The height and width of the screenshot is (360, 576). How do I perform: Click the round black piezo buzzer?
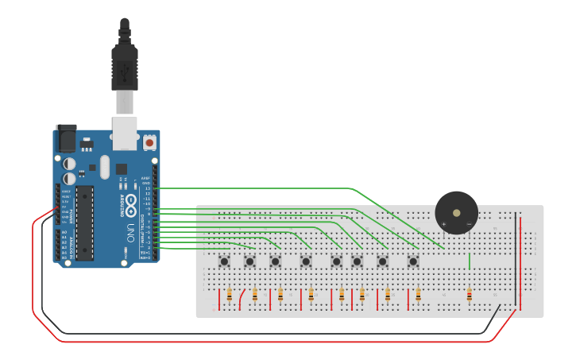(456, 212)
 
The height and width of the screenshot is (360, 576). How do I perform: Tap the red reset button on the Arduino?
(149, 143)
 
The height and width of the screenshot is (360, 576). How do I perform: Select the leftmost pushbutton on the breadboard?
(225, 261)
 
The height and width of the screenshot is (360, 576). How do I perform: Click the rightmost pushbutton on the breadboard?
(413, 261)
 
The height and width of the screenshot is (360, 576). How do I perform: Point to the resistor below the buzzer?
(469, 296)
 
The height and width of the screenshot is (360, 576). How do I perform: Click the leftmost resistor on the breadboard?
(230, 296)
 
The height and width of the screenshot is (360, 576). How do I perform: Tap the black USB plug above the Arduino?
(124, 64)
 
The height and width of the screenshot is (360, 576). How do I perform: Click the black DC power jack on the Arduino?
(66, 139)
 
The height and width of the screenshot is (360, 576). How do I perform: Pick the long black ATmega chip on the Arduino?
(85, 223)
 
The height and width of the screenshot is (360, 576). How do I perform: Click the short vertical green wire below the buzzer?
(470, 261)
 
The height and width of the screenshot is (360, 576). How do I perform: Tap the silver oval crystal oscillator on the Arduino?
(105, 166)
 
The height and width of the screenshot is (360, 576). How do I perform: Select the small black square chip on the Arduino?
(122, 168)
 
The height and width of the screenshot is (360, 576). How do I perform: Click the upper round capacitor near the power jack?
(70, 164)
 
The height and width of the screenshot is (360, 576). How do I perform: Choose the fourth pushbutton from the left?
(306, 261)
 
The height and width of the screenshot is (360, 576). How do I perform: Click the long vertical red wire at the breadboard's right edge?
(521, 262)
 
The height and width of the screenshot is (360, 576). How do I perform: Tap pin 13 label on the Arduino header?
(147, 188)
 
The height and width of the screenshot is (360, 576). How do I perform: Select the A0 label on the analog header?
(64, 232)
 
